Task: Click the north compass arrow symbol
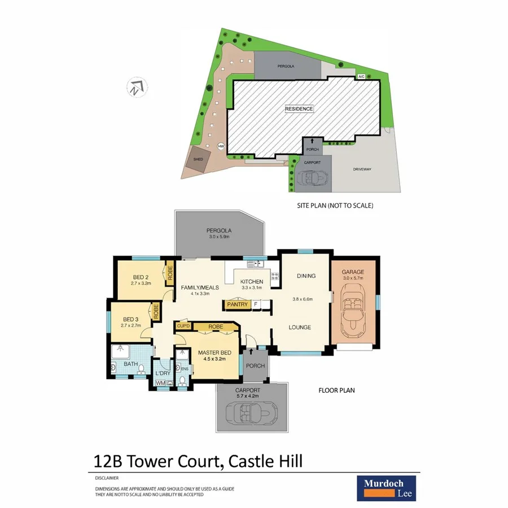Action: pyautogui.click(x=136, y=87)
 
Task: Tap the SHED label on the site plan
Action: pyautogui.click(x=198, y=159)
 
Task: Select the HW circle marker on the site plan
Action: pyautogui.click(x=221, y=147)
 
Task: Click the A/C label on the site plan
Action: pyautogui.click(x=361, y=76)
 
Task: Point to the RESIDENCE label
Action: pyautogui.click(x=299, y=109)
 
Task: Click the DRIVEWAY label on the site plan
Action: pyautogui.click(x=364, y=169)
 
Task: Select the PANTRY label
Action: pyautogui.click(x=237, y=305)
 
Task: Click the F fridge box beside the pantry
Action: pyautogui.click(x=256, y=305)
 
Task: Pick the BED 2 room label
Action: pyautogui.click(x=141, y=277)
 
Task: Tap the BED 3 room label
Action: pyautogui.click(x=129, y=319)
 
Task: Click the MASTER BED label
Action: pyautogui.click(x=212, y=353)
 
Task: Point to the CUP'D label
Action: pyautogui.click(x=183, y=326)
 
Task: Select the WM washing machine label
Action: pyautogui.click(x=159, y=383)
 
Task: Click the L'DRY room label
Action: pyautogui.click(x=163, y=373)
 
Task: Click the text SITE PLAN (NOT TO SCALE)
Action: pyautogui.click(x=335, y=205)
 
